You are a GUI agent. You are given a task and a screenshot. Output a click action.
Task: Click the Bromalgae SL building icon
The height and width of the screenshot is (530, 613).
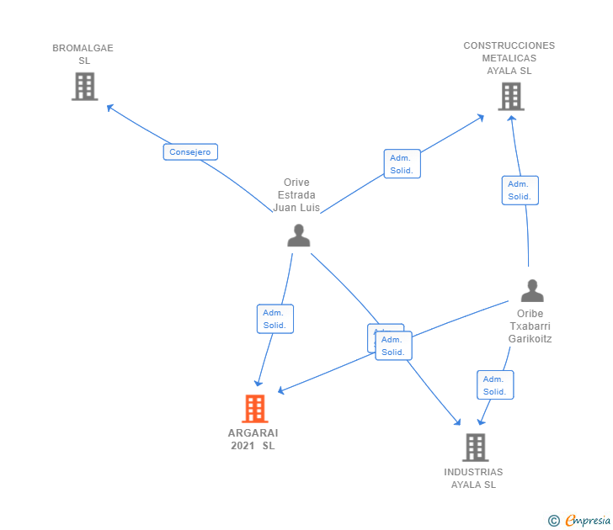pos(84,87)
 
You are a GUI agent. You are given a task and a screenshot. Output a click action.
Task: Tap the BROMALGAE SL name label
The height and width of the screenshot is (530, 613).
pos(83,55)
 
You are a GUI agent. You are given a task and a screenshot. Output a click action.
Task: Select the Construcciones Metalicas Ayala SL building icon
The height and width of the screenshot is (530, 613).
pos(510,97)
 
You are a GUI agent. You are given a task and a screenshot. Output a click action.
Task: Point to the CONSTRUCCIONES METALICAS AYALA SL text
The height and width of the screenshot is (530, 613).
pos(509,58)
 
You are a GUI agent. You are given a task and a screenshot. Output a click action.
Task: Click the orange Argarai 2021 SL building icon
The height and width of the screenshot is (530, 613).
pos(254,409)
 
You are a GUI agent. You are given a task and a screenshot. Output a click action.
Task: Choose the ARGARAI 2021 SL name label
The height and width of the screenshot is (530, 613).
pos(253,439)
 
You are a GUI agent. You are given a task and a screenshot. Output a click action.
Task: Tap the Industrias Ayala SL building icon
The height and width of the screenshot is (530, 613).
pos(475,448)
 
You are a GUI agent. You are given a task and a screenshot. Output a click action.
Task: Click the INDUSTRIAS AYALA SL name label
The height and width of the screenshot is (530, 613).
pos(473,479)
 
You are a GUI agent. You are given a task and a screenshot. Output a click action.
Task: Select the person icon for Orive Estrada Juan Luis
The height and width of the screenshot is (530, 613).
pos(298,236)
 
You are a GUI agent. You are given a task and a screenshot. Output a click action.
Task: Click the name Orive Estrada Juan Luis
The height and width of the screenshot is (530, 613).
pos(296,195)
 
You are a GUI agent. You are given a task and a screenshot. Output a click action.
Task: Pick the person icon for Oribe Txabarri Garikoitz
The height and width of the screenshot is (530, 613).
pos(532,291)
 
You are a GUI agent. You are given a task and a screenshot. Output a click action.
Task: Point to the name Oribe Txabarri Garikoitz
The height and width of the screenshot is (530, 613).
pos(530,326)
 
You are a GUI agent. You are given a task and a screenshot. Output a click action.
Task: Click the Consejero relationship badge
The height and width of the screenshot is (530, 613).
pos(190,152)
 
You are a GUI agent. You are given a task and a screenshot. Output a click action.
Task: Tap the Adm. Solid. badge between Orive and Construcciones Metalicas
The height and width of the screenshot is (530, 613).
pos(402,164)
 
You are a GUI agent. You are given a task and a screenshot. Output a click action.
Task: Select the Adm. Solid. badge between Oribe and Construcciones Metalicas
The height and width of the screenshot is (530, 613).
pos(520,190)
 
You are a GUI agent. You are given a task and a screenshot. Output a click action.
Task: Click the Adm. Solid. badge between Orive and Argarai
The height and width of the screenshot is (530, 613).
pos(275,319)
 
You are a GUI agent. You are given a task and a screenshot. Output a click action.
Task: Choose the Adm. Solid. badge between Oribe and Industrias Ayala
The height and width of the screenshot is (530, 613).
pos(494,385)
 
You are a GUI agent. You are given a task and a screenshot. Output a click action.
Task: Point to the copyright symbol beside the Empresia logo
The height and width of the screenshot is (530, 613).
pos(553,521)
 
